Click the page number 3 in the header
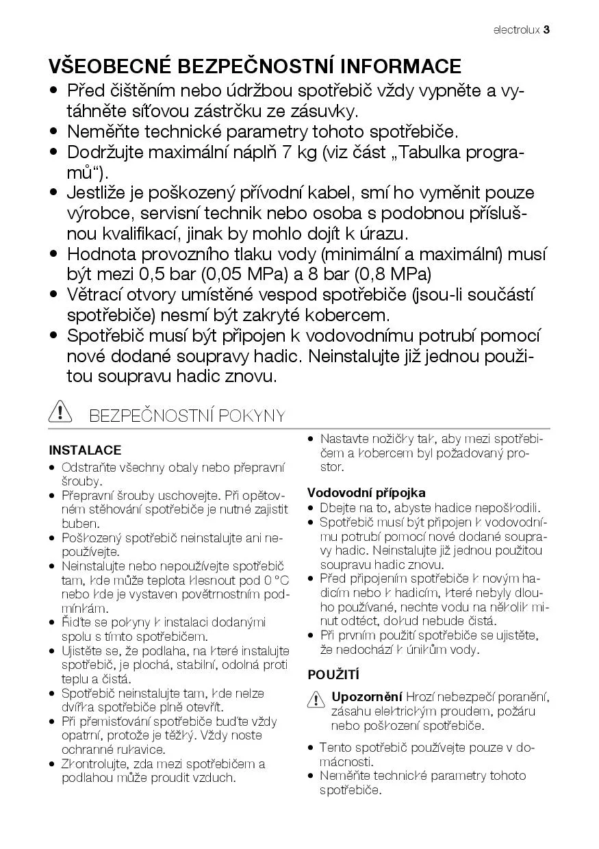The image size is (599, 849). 547,30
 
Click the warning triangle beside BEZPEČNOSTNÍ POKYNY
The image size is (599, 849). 60,413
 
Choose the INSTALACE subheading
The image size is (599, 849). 85,451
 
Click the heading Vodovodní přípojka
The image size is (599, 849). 366,492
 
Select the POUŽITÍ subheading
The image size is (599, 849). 333,675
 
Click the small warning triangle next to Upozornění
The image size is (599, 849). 316,699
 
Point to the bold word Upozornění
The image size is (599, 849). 367,697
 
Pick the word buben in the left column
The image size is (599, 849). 79,523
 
